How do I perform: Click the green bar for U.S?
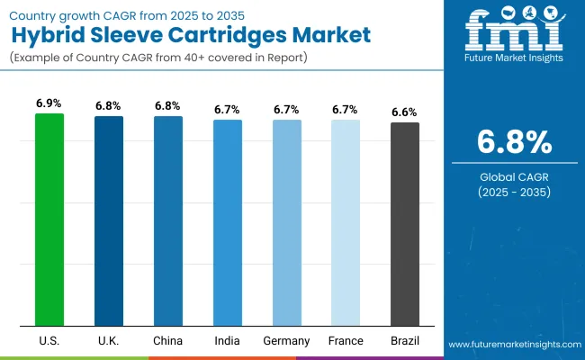(x=49, y=220)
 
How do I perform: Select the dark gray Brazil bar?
(x=405, y=224)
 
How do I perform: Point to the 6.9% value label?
(x=49, y=103)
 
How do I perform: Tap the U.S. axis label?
(x=49, y=341)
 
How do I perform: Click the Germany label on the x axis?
(x=286, y=341)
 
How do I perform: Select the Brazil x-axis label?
(x=405, y=341)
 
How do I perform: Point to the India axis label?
(x=227, y=341)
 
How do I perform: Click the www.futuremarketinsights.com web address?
(x=513, y=345)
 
